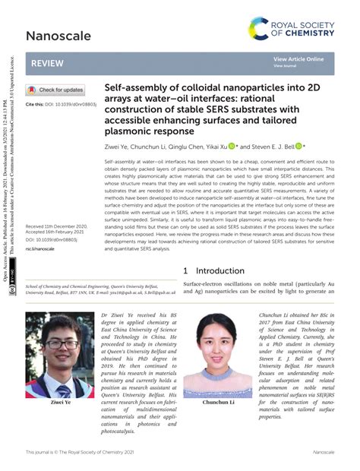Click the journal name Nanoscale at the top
58,36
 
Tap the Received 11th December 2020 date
57,227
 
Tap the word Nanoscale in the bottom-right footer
324,453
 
